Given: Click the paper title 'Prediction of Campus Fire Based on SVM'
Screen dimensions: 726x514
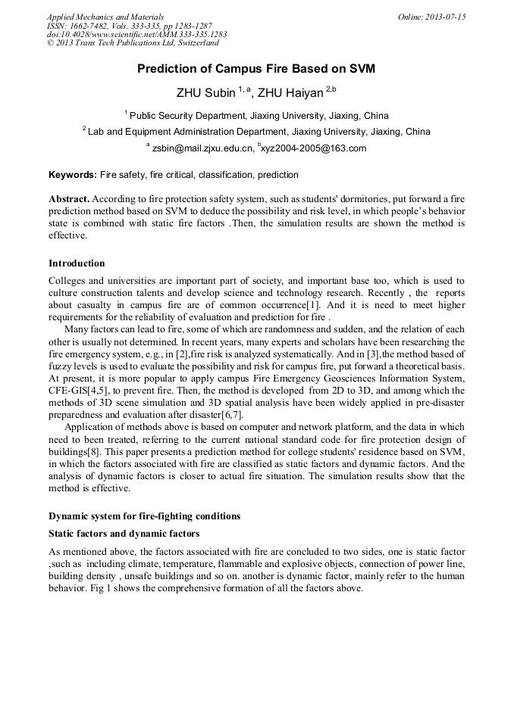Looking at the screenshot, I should (256, 69).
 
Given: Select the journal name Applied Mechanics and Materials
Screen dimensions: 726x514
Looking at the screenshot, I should (105, 17).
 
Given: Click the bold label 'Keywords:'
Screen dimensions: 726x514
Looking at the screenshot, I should (73, 175).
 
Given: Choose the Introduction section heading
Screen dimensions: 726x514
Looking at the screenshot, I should (77, 263).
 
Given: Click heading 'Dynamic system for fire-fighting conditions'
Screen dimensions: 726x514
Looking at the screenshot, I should (144, 516).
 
